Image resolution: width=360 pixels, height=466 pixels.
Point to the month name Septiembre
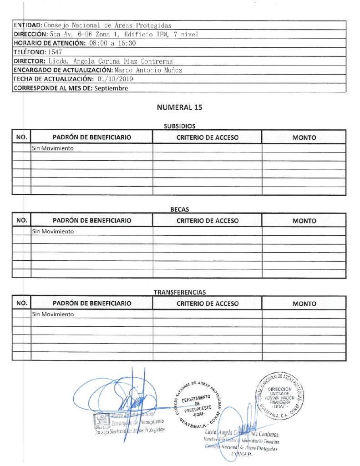point(111,88)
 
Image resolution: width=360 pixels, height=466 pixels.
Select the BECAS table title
point(179,210)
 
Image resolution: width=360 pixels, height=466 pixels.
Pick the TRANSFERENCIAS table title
point(179,293)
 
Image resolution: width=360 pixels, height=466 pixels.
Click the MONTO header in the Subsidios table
point(304,137)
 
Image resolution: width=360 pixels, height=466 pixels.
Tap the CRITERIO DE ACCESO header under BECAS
point(207,221)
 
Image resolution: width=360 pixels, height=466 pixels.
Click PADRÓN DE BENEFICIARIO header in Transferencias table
point(92,304)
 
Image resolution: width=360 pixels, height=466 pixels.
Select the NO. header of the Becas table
point(22,221)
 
